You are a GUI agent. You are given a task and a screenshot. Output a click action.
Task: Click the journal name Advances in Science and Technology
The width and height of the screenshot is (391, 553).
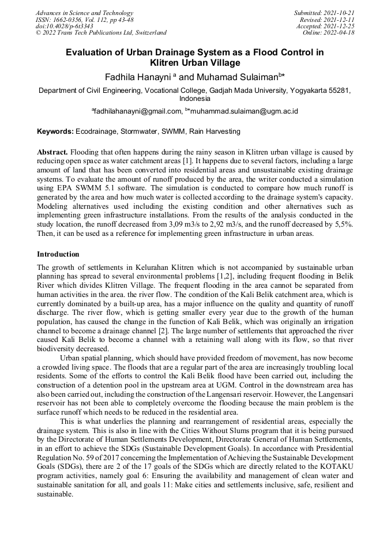click(x=84, y=13)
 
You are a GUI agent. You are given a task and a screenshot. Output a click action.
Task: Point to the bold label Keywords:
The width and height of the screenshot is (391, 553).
click(x=55, y=132)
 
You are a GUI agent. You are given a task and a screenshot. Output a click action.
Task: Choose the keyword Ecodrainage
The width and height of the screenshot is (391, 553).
click(x=96, y=132)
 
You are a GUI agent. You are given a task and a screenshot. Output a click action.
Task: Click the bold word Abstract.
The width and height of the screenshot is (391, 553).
click(x=52, y=152)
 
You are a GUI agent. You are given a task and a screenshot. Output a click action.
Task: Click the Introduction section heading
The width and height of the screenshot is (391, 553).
click(x=58, y=254)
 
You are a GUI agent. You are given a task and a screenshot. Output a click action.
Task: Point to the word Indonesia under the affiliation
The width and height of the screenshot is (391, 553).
click(x=195, y=99)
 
